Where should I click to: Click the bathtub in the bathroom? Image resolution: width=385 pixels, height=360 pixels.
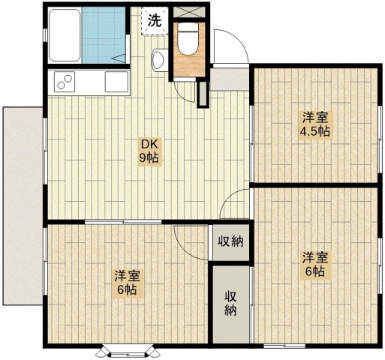pyautogui.click(x=65, y=35)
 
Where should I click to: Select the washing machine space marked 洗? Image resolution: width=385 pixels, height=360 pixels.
pyautogui.click(x=155, y=21)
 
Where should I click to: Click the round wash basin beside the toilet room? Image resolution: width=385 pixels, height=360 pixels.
pyautogui.click(x=158, y=59)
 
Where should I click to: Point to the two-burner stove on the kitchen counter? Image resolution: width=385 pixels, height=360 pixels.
pyautogui.click(x=65, y=82)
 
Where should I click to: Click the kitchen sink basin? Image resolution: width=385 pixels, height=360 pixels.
pyautogui.click(x=116, y=82)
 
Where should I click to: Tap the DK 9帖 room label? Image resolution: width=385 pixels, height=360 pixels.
pyautogui.click(x=149, y=151)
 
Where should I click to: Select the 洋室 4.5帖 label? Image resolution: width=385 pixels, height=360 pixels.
pyautogui.click(x=314, y=124)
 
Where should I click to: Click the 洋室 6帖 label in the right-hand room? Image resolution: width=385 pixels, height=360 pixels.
pyautogui.click(x=314, y=265)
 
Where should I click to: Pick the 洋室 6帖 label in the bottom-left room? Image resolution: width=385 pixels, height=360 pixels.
pyautogui.click(x=127, y=283)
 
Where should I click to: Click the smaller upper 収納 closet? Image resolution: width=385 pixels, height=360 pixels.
pyautogui.click(x=230, y=242)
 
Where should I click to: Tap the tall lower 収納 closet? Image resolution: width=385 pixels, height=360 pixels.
pyautogui.click(x=231, y=304)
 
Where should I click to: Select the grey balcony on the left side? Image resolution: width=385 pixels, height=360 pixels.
pyautogui.click(x=23, y=205)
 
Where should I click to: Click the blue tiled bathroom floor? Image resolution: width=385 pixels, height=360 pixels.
pyautogui.click(x=104, y=35)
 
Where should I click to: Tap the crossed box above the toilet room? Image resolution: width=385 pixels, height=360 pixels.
pyautogui.click(x=189, y=12)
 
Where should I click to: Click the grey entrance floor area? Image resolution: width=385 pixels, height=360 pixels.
pyautogui.click(x=229, y=79)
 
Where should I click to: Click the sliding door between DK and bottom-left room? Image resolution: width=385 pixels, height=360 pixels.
pyautogui.click(x=123, y=222)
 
